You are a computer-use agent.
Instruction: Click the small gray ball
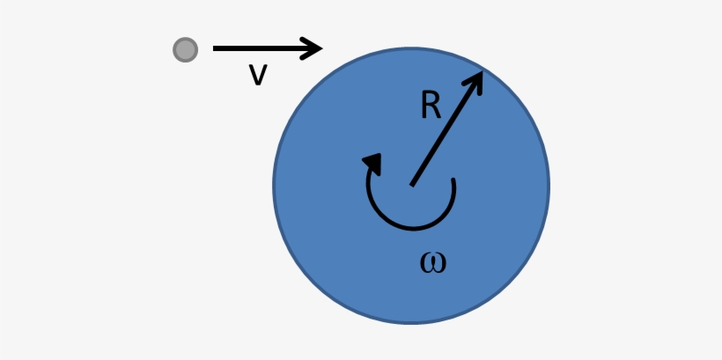(185, 49)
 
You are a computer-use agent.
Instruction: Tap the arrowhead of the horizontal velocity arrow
(313, 48)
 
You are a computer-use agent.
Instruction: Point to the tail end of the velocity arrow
(214, 48)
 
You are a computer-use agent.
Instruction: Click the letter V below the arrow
(258, 75)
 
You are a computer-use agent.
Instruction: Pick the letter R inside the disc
(431, 106)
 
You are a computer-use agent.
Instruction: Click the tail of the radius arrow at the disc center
(412, 185)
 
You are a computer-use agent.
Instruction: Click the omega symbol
(433, 263)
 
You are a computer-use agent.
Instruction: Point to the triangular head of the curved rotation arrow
(373, 164)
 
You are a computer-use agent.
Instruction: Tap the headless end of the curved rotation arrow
(453, 180)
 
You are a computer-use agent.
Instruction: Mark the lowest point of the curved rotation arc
(412, 227)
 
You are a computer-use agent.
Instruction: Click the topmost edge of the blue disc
(411, 48)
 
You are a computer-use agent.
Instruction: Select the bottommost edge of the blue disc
(411, 324)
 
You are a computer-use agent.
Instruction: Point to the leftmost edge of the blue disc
(273, 186)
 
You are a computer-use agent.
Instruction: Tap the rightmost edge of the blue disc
(549, 186)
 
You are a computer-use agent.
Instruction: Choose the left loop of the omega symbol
(427, 264)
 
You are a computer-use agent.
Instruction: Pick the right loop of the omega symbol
(439, 264)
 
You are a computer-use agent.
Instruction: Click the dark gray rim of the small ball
(174, 49)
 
